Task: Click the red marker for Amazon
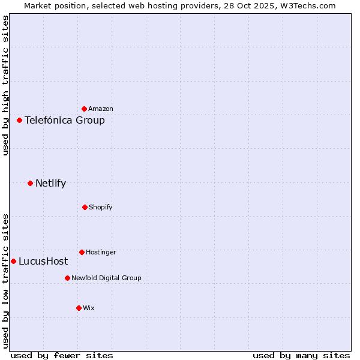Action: [84, 109]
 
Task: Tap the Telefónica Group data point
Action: [19, 120]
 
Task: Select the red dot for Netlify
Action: [30, 183]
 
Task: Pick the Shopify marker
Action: [85, 207]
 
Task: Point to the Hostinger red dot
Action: [82, 252]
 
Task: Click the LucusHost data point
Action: [13, 261]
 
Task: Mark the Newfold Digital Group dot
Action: [67, 278]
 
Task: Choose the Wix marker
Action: [79, 308]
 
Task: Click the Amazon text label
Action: [101, 109]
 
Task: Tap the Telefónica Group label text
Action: [65, 120]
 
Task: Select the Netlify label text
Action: [50, 183]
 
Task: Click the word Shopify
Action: [101, 207]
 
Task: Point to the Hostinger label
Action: [101, 252]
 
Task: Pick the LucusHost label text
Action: [43, 261]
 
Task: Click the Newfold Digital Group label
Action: [106, 278]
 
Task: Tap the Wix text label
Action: [89, 308]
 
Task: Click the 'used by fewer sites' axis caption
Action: [62, 355]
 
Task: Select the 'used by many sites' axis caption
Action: [301, 355]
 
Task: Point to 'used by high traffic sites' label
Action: [5, 85]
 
